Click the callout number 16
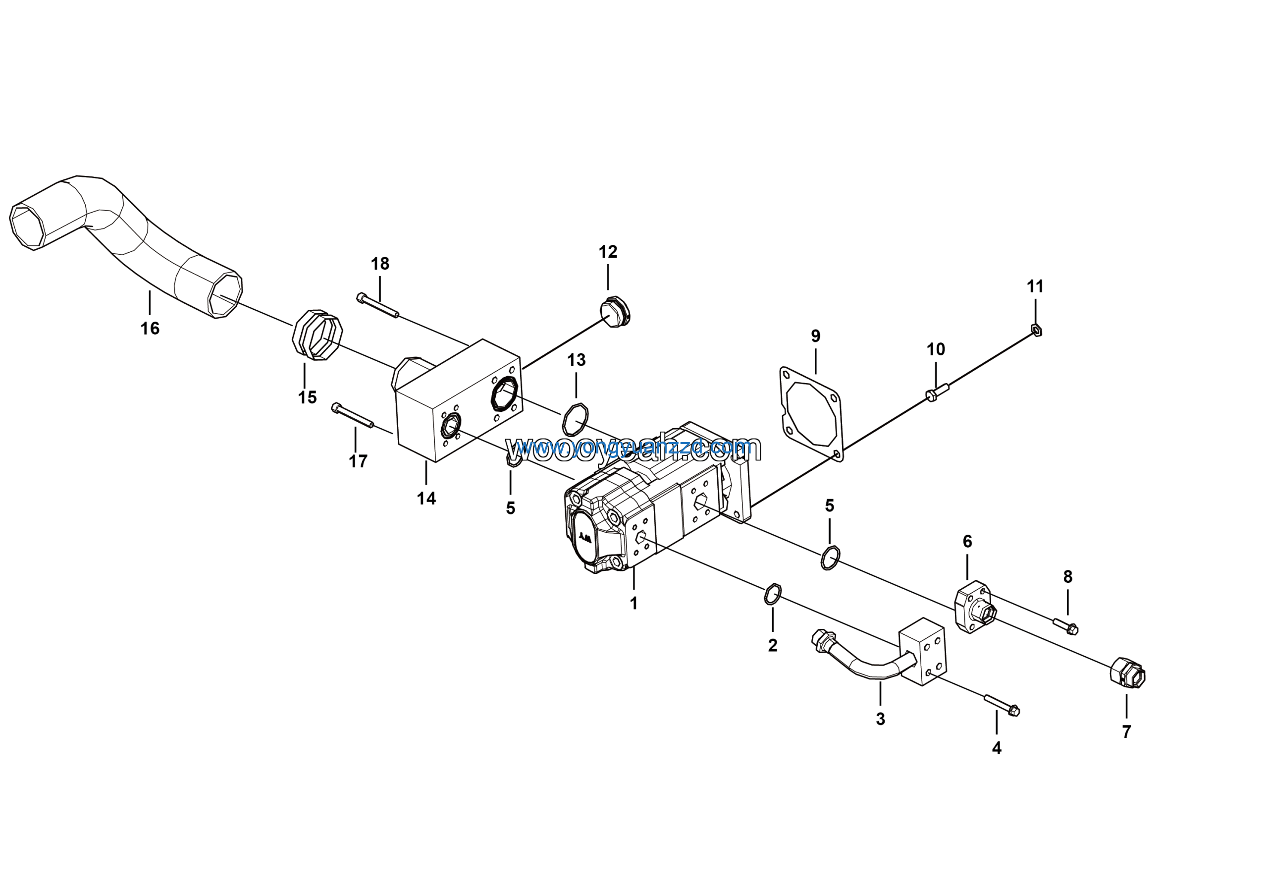tap(150, 329)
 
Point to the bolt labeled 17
tap(352, 416)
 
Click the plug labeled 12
tap(615, 312)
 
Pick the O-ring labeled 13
tap(576, 419)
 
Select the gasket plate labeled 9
tap(812, 414)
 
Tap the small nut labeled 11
tap(1037, 331)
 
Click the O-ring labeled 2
tap(772, 594)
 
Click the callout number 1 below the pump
tap(634, 603)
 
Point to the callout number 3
tap(880, 719)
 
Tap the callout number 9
tap(816, 336)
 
